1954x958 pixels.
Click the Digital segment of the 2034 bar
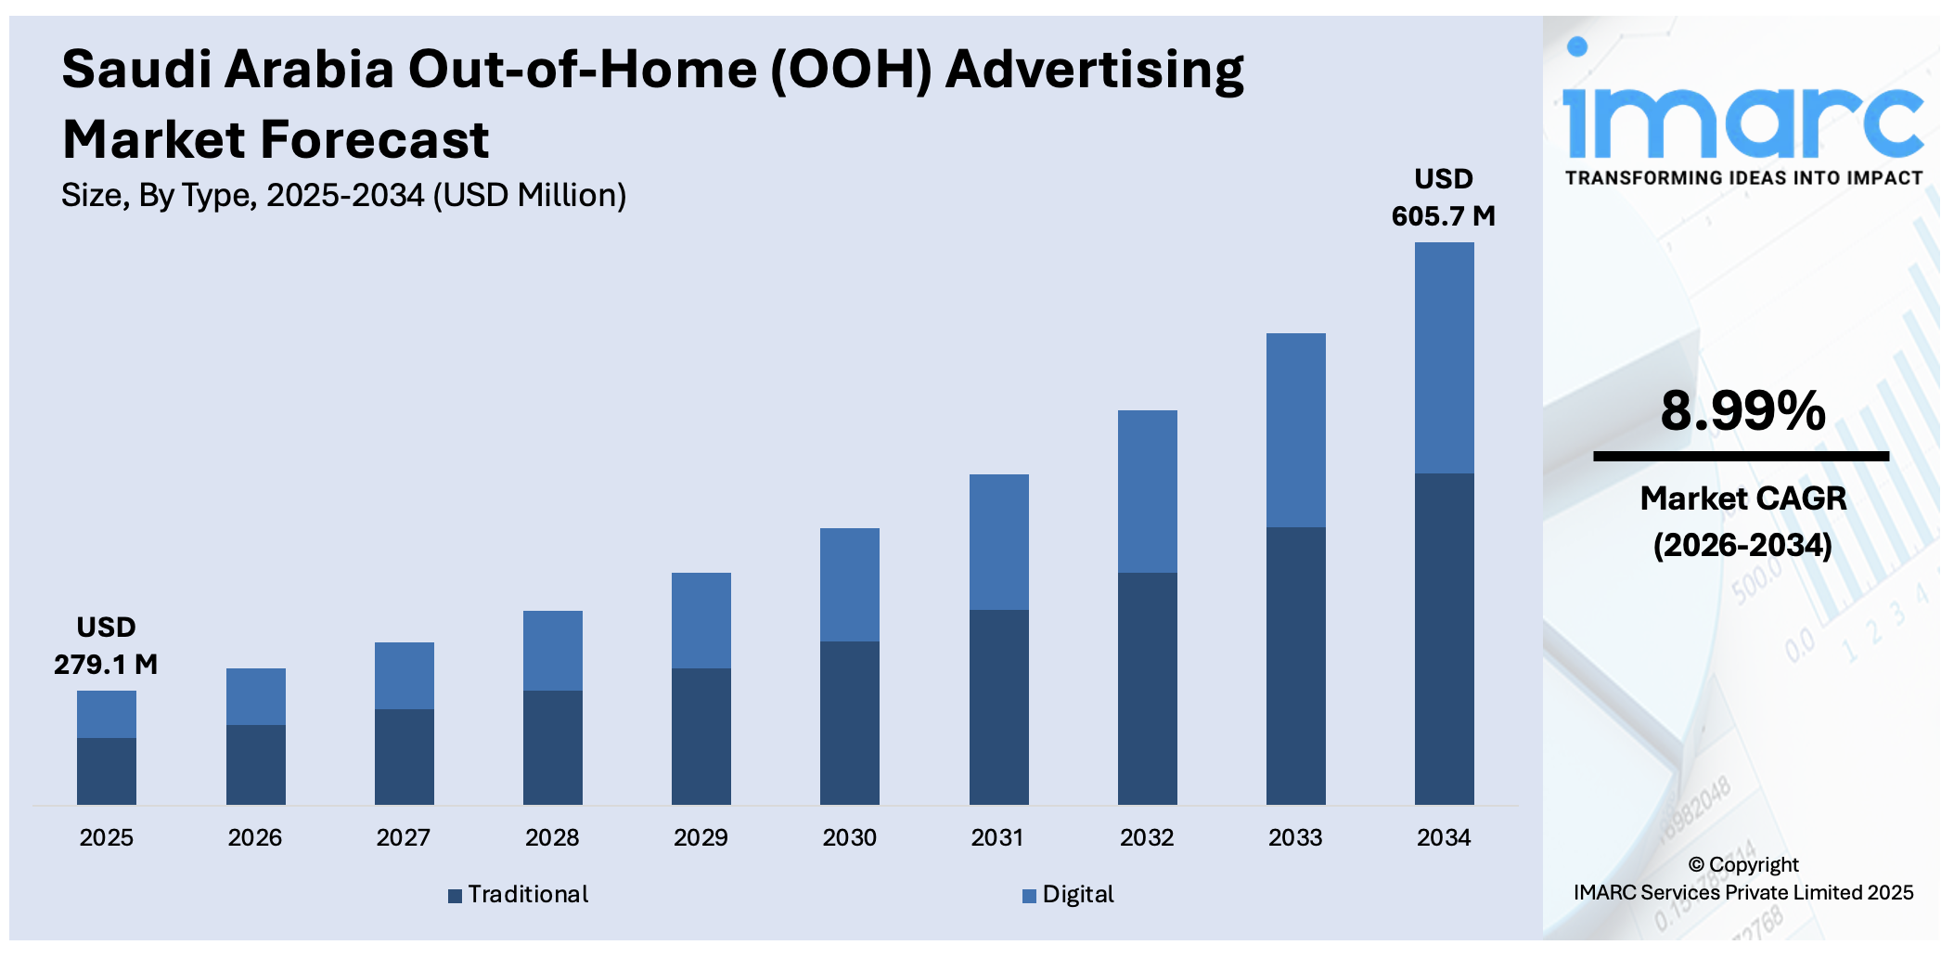click(1444, 357)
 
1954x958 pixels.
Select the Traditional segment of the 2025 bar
click(107, 770)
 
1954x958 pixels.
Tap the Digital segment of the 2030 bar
click(849, 584)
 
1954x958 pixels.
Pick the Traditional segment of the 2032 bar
click(1147, 688)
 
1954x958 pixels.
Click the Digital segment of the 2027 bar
click(404, 675)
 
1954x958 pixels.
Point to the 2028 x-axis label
click(552, 837)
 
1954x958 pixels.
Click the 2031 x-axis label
click(997, 837)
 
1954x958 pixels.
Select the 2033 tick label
click(1295, 837)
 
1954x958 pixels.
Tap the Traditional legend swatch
click(455, 896)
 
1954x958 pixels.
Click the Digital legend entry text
click(1077, 894)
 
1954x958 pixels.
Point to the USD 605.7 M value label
click(1443, 198)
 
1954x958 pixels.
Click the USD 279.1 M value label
click(106, 646)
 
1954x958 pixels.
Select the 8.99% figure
click(1742, 410)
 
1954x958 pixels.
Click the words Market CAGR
click(1742, 498)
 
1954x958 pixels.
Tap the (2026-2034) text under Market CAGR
click(1742, 545)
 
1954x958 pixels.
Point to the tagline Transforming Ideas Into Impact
click(1742, 177)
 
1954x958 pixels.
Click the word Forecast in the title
click(374, 140)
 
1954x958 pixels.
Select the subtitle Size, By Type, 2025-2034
click(343, 195)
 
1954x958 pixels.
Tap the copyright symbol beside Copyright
click(1696, 865)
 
